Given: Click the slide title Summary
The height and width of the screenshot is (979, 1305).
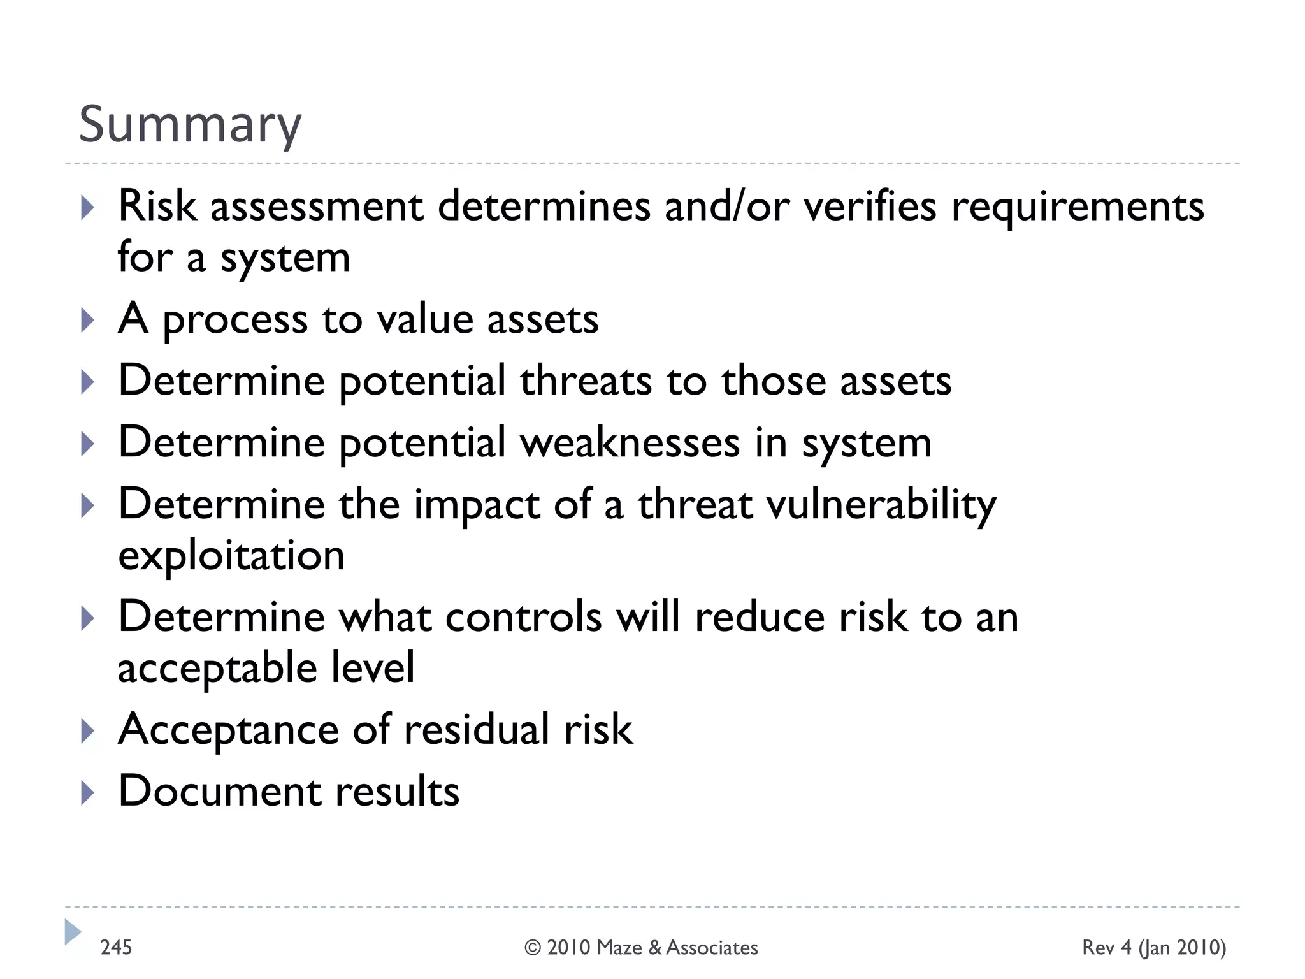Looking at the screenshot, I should click(x=190, y=125).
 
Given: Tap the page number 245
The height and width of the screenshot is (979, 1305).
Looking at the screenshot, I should click(x=116, y=947).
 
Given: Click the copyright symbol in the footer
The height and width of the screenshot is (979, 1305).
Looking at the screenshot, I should click(x=533, y=948).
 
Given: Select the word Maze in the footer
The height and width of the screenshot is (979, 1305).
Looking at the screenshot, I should click(x=619, y=948).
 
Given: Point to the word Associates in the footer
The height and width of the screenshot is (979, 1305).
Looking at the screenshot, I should click(x=712, y=948).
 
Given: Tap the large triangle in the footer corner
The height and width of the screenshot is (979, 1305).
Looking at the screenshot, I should click(x=73, y=932).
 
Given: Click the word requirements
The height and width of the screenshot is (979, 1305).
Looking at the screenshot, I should click(x=1078, y=207).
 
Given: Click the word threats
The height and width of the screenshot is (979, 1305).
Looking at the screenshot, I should click(x=585, y=381).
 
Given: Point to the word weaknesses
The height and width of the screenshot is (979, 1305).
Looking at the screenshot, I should click(x=630, y=442).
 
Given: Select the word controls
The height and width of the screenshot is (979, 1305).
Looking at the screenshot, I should click(x=523, y=617).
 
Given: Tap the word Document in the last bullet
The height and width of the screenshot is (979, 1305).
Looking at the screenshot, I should click(x=219, y=791).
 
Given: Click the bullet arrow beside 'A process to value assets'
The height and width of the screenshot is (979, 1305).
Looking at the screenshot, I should click(x=88, y=320).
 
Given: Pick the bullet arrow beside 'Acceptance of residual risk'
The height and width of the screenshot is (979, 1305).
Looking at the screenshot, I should click(x=88, y=731).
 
